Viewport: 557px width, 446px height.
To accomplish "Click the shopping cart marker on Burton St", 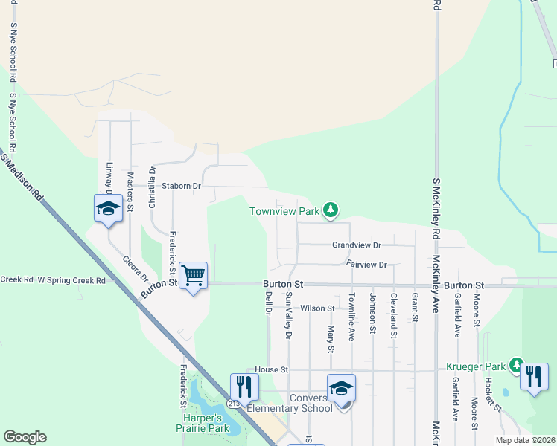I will coord(194,277).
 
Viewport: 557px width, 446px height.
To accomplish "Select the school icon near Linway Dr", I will coord(108,209).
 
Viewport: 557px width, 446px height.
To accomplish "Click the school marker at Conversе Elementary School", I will coord(342,389).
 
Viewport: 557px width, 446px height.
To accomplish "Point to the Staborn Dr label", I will coord(177,186).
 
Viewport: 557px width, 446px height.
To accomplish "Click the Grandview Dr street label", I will coord(357,245).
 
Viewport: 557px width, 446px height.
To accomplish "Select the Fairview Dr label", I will coord(367,264).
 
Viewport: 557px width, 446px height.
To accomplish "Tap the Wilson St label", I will coord(318,308).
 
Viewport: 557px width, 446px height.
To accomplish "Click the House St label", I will coord(271,369).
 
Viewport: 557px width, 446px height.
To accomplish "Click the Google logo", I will coord(25,437).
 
